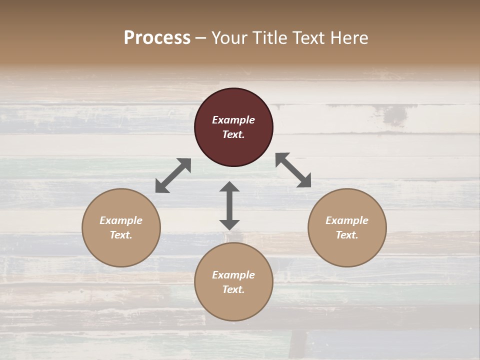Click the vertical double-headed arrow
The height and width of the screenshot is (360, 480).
tap(229, 205)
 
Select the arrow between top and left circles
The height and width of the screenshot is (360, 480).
tap(173, 175)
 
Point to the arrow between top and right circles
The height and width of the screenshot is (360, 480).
tap(293, 170)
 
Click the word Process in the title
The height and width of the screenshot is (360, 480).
tap(157, 38)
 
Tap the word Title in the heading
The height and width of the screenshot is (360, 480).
tap(270, 38)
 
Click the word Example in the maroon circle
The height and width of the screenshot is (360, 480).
tap(233, 120)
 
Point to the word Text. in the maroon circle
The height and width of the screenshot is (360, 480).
tap(233, 134)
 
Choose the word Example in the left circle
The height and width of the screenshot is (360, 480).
tap(121, 220)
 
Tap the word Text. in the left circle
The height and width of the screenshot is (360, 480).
tap(121, 235)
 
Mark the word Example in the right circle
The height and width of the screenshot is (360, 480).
tap(347, 220)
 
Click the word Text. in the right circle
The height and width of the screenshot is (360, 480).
tap(347, 235)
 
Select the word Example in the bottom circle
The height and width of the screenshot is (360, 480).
tap(233, 275)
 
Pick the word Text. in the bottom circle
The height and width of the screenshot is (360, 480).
tap(233, 289)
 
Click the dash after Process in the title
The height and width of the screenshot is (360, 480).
tap(201, 38)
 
